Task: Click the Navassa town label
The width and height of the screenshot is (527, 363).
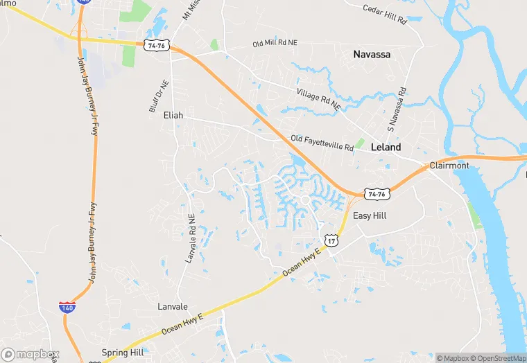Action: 372,54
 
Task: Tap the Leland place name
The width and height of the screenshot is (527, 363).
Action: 386,148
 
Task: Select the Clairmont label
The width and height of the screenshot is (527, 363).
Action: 449,166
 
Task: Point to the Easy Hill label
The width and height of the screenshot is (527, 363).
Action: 370,216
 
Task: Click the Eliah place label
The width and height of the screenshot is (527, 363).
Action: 173,116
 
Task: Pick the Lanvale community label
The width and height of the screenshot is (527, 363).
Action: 172,306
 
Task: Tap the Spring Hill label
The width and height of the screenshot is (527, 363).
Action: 122,353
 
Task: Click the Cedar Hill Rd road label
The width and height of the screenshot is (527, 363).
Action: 384,14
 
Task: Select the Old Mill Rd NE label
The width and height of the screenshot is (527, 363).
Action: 275,44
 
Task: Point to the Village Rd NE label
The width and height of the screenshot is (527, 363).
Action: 318,100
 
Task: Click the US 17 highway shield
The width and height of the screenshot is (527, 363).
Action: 333,240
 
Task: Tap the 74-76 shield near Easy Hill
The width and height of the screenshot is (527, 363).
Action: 377,194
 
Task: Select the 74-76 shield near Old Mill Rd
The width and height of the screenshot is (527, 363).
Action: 157,45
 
